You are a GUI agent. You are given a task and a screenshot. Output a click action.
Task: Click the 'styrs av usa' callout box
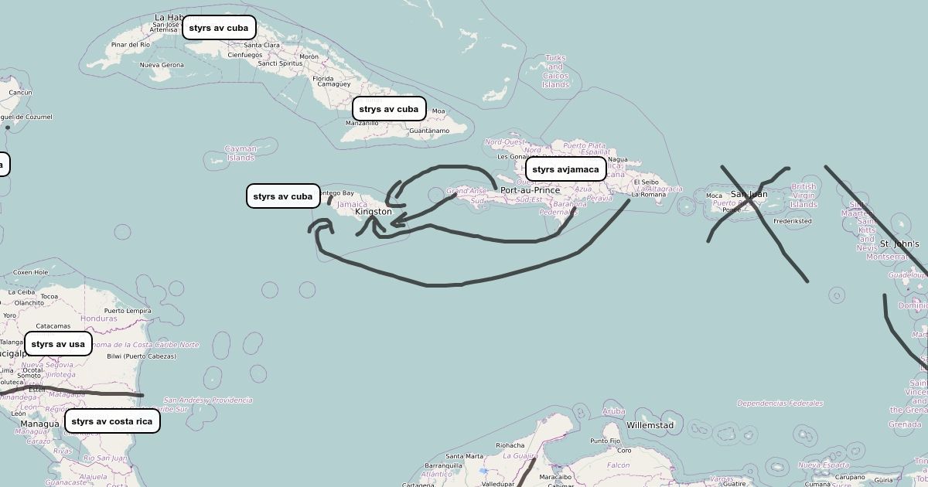click(58, 344)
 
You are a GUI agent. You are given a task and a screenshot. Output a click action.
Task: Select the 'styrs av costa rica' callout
click(112, 421)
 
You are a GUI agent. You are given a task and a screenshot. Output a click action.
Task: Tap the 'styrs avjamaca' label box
click(565, 169)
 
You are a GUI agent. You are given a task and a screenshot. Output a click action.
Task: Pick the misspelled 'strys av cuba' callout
click(388, 109)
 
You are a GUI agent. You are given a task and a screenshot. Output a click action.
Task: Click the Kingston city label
click(374, 212)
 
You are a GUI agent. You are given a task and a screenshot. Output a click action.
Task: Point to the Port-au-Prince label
click(530, 190)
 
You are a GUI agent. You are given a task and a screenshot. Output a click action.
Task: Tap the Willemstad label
click(650, 425)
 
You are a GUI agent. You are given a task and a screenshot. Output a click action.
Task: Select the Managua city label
click(39, 424)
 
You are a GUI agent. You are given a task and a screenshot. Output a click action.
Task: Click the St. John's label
click(899, 244)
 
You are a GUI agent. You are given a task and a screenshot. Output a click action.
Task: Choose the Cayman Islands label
click(241, 153)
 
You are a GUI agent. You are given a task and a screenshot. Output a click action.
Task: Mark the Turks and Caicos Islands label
click(555, 71)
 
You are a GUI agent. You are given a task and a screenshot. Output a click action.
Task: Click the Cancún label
click(20, 93)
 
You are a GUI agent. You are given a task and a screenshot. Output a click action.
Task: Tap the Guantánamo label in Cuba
click(428, 131)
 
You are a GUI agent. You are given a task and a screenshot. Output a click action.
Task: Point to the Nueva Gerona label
click(162, 65)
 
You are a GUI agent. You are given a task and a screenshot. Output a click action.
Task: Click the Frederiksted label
click(792, 221)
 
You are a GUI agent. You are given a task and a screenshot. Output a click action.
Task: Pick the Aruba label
click(613, 411)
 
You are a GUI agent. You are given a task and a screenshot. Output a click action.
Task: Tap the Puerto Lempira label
click(128, 311)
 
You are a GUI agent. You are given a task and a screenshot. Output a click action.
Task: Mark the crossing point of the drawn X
click(750, 200)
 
